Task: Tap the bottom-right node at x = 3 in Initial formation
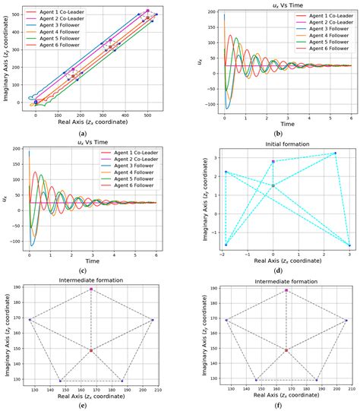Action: coord(349,245)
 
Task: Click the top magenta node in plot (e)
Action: coord(91,289)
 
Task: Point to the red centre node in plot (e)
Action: coord(91,350)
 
